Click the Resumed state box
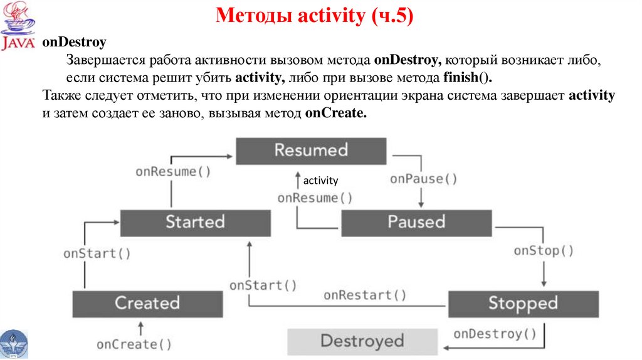click(x=311, y=151)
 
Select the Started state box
click(x=195, y=222)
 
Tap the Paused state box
click(x=416, y=222)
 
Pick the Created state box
click(x=147, y=304)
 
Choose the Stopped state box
click(x=523, y=304)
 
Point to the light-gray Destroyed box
click(x=362, y=341)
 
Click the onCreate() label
click(x=134, y=344)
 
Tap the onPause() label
click(x=424, y=179)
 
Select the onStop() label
click(x=544, y=251)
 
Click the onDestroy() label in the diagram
click(x=495, y=334)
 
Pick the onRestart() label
click(x=365, y=295)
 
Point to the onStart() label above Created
click(x=97, y=253)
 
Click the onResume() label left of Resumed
click(x=174, y=172)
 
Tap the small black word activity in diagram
click(x=320, y=181)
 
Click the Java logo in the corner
click(x=19, y=26)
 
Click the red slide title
click(x=315, y=16)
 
